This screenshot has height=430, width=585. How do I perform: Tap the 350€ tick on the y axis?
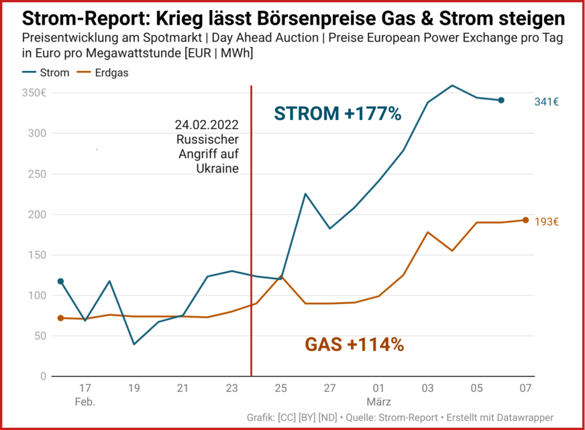[x=33, y=93]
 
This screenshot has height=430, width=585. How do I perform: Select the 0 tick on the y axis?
[x=42, y=376]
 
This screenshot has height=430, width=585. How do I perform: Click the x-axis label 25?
[x=281, y=388]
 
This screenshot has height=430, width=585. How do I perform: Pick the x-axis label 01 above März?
[x=378, y=388]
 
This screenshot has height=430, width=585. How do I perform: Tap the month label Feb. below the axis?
[x=85, y=402]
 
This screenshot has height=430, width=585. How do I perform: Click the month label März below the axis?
[x=378, y=402]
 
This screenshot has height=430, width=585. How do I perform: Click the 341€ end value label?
[x=547, y=102]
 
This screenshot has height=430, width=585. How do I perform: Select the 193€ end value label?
[x=547, y=221]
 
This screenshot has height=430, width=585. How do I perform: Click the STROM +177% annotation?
[x=337, y=114]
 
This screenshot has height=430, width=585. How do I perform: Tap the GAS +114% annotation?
[x=354, y=345]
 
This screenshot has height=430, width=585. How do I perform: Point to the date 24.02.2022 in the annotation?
[x=207, y=125]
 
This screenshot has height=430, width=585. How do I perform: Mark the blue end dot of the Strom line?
[x=501, y=100]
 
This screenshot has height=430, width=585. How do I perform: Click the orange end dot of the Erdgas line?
[x=525, y=220]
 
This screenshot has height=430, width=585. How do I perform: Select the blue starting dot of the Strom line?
[x=60, y=281]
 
